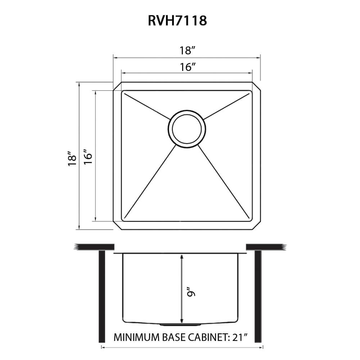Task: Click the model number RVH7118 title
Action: pos(177,21)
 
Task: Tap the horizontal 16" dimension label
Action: pos(187,67)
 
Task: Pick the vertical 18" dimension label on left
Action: pos(72,158)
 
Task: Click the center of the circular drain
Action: pos(187,129)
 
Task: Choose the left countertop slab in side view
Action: pos(94,247)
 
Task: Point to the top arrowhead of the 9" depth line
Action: pos(182,256)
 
